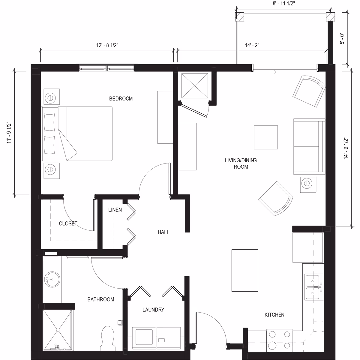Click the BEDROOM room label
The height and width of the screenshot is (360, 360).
tap(121, 99)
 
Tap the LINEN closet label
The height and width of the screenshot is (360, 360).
tap(115, 210)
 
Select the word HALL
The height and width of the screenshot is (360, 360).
tap(163, 232)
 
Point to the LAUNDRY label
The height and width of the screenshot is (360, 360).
tap(153, 310)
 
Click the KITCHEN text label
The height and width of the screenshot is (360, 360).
tap(274, 315)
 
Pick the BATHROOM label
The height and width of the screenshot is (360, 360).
tap(101, 299)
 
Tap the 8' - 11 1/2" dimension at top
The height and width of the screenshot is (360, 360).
tap(284, 4)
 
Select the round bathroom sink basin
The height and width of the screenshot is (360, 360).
tap(52, 280)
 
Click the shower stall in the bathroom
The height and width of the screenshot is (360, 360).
tap(58, 330)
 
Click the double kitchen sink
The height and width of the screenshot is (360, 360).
tap(313, 287)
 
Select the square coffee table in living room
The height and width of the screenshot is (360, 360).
tap(265, 137)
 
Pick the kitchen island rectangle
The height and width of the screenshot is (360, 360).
tap(244, 270)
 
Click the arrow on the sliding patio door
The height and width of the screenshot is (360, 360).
tap(273, 72)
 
